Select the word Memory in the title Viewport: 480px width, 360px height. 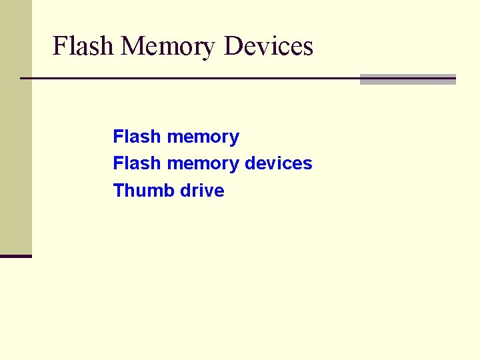[169, 47]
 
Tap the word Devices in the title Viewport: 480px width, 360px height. [269, 46]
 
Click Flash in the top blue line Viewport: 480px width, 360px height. [137, 137]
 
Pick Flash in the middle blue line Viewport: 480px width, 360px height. [137, 163]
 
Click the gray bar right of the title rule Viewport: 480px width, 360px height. [407, 79]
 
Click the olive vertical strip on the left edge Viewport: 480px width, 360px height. [15, 127]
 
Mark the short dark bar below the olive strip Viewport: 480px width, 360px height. [15, 256]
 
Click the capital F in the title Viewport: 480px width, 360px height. [59, 46]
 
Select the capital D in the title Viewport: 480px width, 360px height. [233, 46]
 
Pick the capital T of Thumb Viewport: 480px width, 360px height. [119, 191]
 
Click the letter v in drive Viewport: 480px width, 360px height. [208, 191]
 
